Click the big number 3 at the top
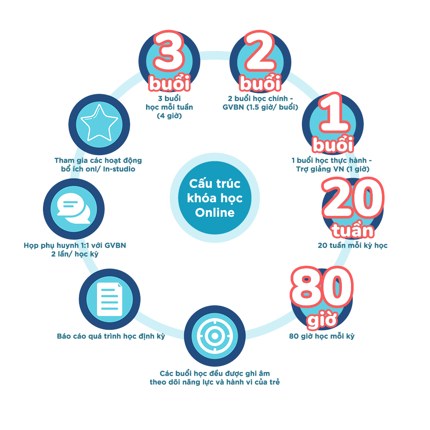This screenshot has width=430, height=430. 168,51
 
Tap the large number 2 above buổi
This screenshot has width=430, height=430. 260,51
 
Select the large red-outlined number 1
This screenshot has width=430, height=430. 334,113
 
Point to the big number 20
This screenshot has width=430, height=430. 353,198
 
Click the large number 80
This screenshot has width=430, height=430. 321,286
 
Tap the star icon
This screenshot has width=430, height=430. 99,123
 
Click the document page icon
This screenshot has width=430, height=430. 110,299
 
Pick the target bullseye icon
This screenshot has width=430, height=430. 215,335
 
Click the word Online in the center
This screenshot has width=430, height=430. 215,212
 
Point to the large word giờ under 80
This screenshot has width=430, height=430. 322,319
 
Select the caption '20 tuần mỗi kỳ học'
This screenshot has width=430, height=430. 353,245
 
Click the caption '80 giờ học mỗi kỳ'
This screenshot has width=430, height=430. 322,336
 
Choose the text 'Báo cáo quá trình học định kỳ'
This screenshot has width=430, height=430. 111,336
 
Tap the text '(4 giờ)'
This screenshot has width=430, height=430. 169,116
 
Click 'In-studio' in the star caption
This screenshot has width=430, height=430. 119,169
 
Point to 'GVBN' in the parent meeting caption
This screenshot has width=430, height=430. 115,245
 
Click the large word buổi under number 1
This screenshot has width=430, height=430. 333,144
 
